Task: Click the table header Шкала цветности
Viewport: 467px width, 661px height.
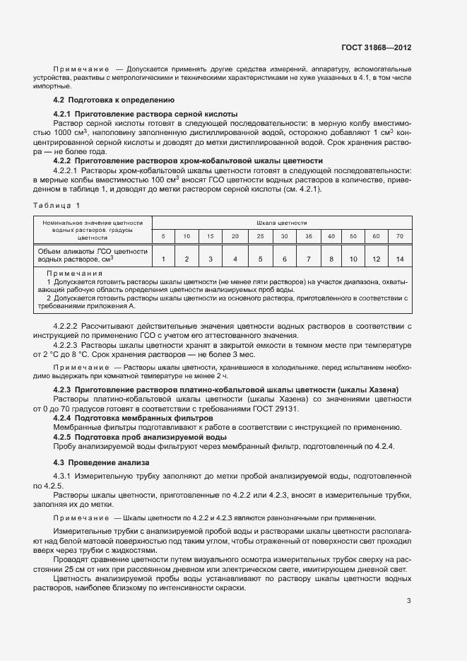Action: [281, 222]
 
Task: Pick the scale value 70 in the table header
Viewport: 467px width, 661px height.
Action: [400, 235]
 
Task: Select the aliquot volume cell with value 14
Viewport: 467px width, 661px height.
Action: [400, 259]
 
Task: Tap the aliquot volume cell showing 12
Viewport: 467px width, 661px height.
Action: [376, 259]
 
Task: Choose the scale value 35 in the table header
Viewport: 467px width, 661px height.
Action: [308, 235]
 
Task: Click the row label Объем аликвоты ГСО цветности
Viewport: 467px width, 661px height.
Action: [91, 251]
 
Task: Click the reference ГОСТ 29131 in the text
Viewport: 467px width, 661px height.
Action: [298, 409]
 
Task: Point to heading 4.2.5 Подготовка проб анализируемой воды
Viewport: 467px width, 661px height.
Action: [140, 438]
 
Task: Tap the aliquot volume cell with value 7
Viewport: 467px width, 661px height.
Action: [308, 259]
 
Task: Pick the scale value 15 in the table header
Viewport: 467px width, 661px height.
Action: [211, 235]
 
